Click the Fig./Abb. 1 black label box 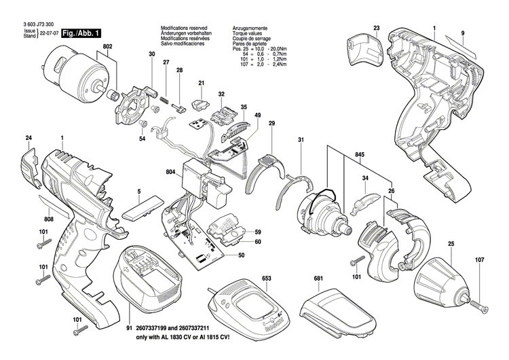click(81, 33)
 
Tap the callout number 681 click(318, 279)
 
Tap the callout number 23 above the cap click(377, 28)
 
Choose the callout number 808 click(31, 219)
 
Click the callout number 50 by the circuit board click(240, 255)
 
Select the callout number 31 click(300, 141)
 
